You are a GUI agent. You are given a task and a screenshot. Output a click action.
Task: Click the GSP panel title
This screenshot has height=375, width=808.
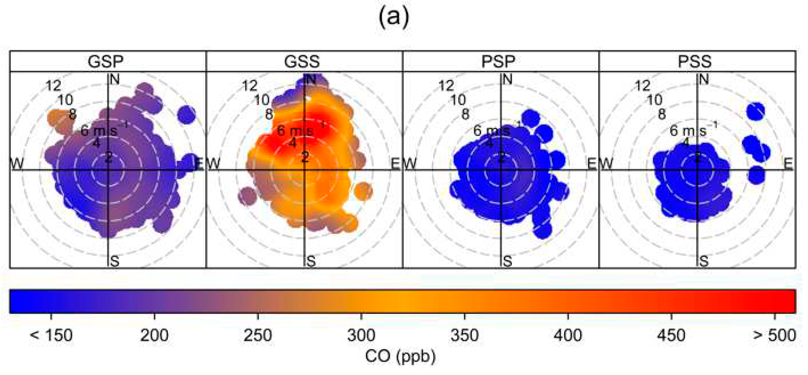point(106,61)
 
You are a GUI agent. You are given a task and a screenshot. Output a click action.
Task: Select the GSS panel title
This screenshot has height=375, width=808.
point(302,61)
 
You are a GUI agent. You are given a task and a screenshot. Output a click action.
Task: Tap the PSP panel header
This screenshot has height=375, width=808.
point(498,61)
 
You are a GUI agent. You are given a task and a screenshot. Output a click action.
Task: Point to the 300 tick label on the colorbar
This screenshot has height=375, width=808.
point(361,335)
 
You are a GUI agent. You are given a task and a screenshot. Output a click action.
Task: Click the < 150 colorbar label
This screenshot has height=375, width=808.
point(51,335)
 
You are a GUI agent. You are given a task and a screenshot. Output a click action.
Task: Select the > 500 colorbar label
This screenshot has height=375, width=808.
point(774,335)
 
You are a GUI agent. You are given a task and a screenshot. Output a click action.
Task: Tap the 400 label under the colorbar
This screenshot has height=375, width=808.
point(568,335)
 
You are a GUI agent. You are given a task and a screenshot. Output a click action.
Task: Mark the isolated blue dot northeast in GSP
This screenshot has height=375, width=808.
point(186,114)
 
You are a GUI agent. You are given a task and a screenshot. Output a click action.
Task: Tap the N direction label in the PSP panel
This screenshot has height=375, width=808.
point(508,79)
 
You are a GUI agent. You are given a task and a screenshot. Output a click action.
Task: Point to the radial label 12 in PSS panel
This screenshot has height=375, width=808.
point(642,86)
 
